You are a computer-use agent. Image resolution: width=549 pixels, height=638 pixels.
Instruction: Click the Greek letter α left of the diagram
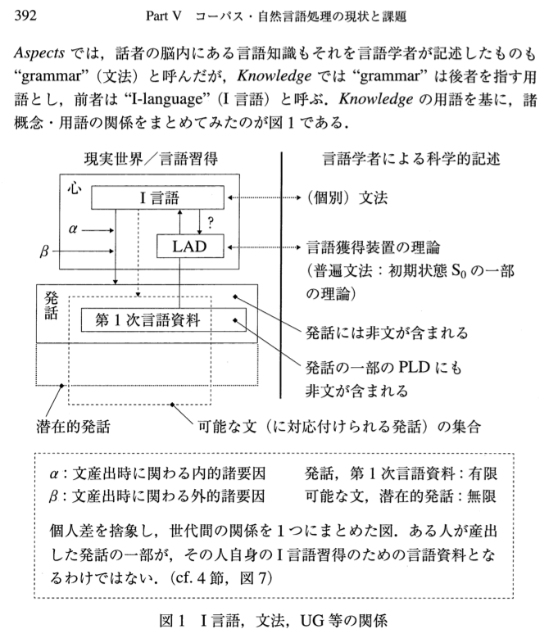(73, 230)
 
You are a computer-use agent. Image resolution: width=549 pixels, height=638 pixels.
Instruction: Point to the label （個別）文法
(347, 198)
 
